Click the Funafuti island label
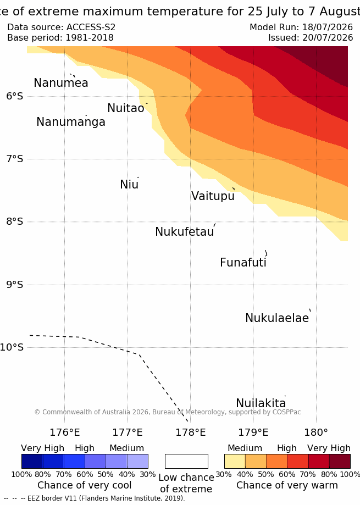click(243, 263)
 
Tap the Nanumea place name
click(61, 83)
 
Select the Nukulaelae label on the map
click(277, 318)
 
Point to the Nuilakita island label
click(261, 403)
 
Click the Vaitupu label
click(213, 196)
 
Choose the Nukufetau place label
click(185, 231)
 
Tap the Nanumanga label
click(71, 122)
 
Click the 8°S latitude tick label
click(15, 221)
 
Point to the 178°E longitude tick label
click(190, 432)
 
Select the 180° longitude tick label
click(316, 432)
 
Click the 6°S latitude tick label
click(15, 96)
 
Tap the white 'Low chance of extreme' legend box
click(186, 461)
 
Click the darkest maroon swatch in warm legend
click(340, 461)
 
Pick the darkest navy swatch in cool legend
click(32, 461)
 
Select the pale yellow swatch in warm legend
click(235, 461)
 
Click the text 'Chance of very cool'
click(84, 485)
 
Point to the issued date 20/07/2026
click(328, 38)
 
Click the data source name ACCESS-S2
click(91, 27)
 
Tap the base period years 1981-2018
click(90, 38)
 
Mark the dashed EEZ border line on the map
click(139, 354)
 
